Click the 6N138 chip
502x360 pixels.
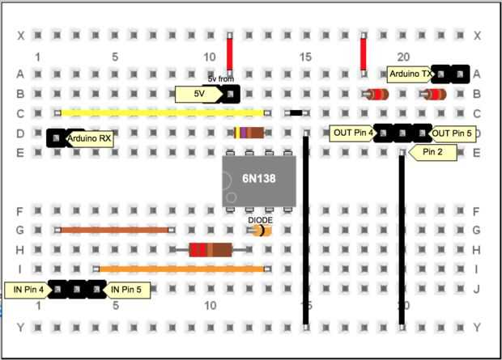coord(259,179)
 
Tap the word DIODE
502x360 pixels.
coord(260,218)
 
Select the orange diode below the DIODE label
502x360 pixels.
coord(260,231)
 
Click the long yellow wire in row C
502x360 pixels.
coord(162,113)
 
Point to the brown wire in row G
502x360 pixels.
coord(113,230)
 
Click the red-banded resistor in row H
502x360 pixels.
coord(210,249)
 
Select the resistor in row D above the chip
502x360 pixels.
coord(249,133)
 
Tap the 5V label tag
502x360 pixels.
coord(198,94)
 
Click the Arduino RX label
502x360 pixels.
coord(90,138)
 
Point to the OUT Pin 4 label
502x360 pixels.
coord(352,133)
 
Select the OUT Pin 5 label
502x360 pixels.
coord(452,133)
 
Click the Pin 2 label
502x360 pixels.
coord(433,152)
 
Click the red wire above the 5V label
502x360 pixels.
coord(230,56)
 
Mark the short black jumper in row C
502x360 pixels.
coord(296,113)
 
